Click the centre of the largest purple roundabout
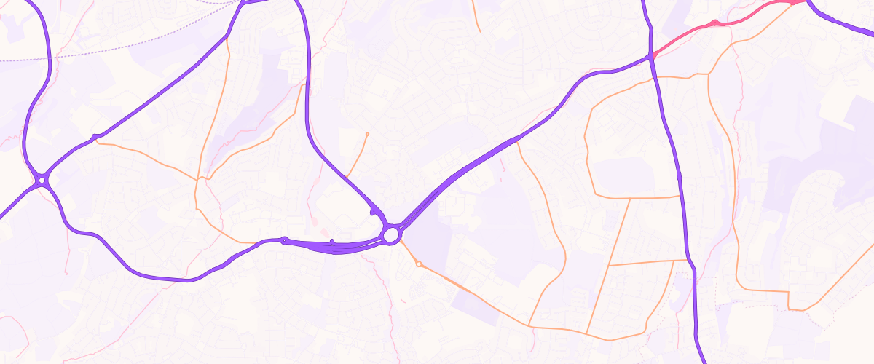point(391,234)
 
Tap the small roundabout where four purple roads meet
point(42,179)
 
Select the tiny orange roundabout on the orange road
point(419,264)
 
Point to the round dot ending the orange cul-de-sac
point(367,135)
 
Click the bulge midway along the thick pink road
point(714,23)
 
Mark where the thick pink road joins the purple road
point(653,57)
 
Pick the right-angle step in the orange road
point(790,292)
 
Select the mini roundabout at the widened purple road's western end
point(284,240)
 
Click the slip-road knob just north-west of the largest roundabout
point(374,212)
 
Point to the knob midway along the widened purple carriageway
point(332,242)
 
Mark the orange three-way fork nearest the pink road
point(709,74)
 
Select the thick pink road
point(728,20)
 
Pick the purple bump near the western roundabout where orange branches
point(94,137)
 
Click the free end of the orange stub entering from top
point(480,32)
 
